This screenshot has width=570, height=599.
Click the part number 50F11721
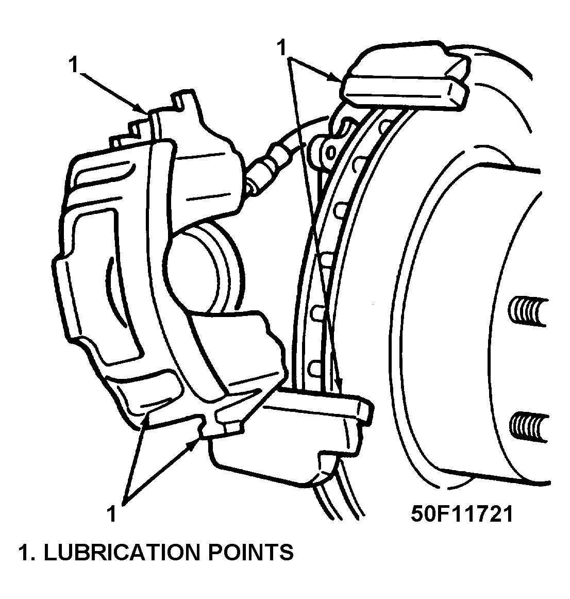[x=462, y=513]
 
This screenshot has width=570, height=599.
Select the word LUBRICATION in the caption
[x=119, y=552]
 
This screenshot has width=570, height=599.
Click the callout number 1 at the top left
[x=74, y=66]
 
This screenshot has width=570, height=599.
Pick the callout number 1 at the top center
[x=281, y=48]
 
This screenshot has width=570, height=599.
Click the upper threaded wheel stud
[x=526, y=311]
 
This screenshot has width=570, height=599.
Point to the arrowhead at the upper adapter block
[x=337, y=78]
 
